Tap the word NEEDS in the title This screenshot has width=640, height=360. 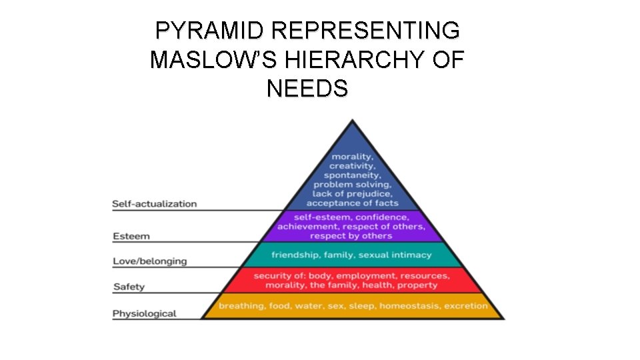307,88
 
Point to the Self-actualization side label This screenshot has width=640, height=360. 155,203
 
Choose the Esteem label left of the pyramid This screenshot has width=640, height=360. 131,236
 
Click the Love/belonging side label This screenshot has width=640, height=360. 150,261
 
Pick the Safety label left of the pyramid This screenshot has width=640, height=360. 129,287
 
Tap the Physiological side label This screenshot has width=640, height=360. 144,313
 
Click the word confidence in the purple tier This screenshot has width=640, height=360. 382,217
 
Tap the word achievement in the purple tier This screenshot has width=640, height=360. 305,227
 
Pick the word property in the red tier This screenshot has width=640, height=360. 417,285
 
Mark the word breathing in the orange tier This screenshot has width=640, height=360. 241,306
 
